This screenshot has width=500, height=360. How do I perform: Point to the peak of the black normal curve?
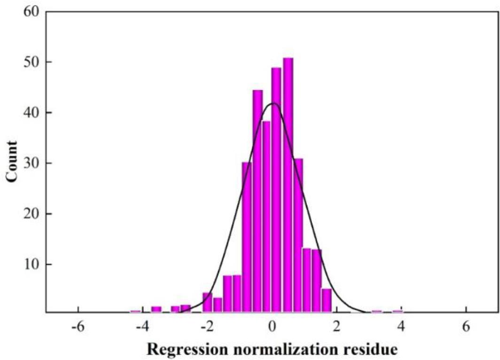pos(273,103)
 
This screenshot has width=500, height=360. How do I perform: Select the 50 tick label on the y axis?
pos(32,62)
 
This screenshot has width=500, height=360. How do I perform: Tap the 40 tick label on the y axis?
pos(32,113)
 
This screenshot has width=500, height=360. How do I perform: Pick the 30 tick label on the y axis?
pos(32,163)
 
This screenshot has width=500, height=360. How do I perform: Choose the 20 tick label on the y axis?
pos(32,214)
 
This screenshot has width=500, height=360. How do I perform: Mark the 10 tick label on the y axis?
pos(32,264)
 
